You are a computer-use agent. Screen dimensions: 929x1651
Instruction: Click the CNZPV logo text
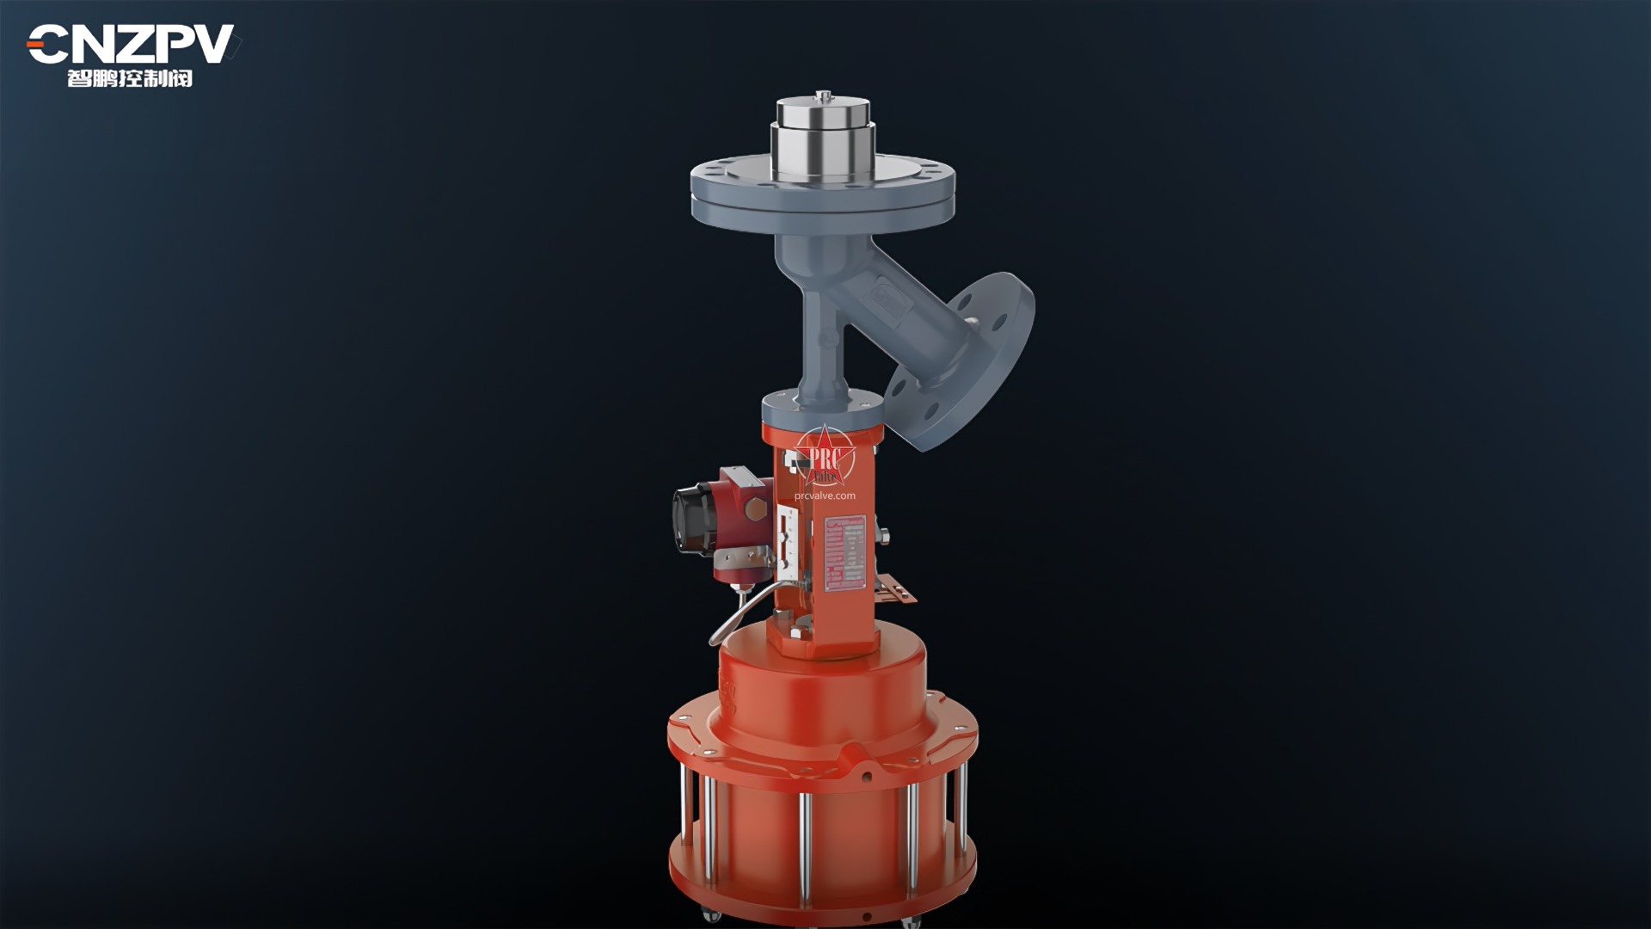tap(131, 43)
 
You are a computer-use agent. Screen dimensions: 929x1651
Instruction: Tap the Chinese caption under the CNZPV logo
tap(130, 79)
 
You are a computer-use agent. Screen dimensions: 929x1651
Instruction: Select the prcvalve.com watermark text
tap(825, 495)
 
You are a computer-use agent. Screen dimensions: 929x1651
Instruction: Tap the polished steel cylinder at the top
tap(823, 142)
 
